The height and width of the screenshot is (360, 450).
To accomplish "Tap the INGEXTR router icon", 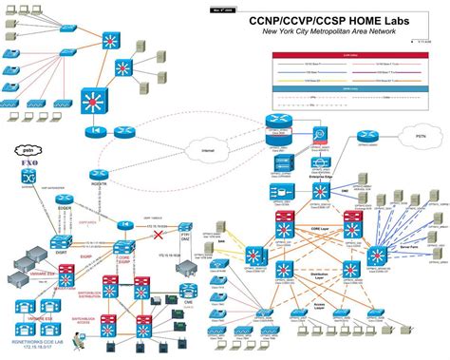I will tap(98, 173).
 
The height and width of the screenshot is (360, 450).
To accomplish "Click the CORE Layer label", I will tap(315, 227).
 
